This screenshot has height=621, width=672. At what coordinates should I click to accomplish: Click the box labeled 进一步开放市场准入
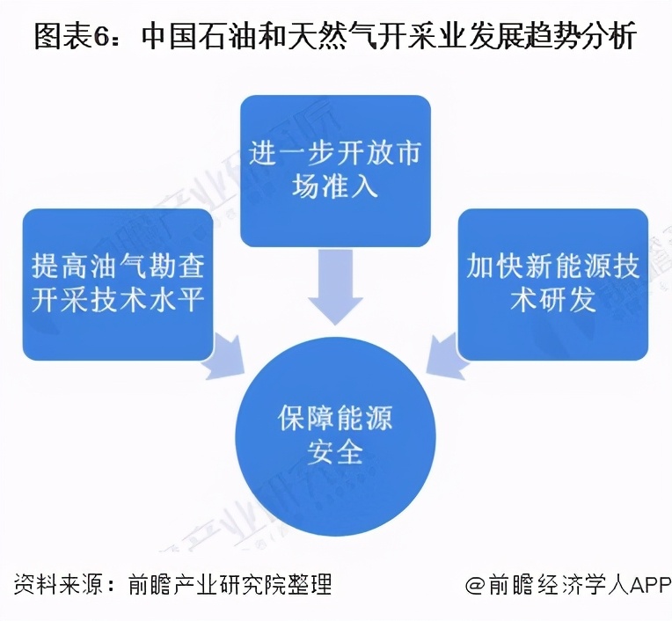[335, 169]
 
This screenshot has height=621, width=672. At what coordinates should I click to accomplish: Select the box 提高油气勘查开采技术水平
[118, 283]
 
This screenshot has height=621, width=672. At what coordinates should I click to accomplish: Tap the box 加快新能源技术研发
[552, 283]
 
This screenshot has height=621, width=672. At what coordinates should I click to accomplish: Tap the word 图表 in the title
[63, 36]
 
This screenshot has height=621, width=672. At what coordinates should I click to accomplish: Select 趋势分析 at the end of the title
[586, 36]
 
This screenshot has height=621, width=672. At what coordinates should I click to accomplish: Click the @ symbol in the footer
[476, 585]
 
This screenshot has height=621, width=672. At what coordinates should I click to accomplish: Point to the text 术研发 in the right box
[552, 300]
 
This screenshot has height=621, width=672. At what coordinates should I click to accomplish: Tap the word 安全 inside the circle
[335, 452]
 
